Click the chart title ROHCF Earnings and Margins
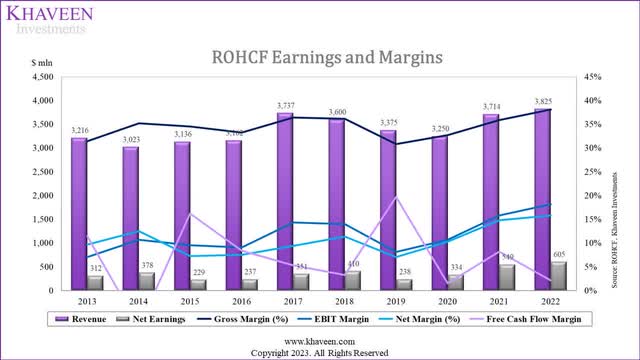[x=319, y=58]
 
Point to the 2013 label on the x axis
[x=88, y=299]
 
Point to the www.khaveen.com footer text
[x=319, y=341]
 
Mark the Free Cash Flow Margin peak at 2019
[x=398, y=196]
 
